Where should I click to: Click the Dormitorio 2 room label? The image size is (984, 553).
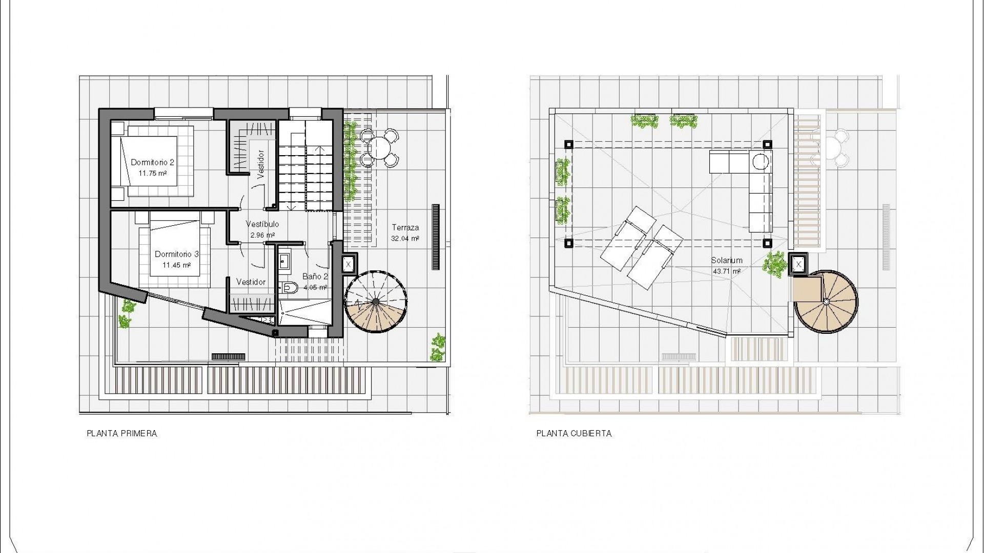pos(152,162)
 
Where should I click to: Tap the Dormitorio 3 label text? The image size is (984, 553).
pos(176,254)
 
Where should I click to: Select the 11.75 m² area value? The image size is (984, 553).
pos(152,173)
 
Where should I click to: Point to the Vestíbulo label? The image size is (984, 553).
pos(262,224)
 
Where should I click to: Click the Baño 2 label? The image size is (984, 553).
pos(315,276)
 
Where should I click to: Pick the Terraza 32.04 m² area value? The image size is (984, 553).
pos(405,239)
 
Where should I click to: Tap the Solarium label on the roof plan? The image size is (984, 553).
pos(727,261)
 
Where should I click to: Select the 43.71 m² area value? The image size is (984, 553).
pos(727,271)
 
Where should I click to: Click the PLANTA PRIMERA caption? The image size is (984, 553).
pos(122,434)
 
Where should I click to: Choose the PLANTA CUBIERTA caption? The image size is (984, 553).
pos(574,434)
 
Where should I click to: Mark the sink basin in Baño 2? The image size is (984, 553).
pos(284,261)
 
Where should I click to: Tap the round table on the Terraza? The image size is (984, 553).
pos(379,148)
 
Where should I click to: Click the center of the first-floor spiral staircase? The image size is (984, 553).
pos(376,302)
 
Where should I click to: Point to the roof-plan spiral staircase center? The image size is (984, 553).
pos(826,302)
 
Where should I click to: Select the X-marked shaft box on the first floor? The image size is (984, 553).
pos(348,265)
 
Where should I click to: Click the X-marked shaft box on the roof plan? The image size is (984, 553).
pos(798,265)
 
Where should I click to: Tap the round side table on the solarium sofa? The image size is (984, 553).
pos(761,162)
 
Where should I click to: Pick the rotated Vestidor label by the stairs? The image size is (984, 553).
pos(260,164)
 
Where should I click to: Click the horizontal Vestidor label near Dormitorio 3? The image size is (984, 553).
pos(251,282)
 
